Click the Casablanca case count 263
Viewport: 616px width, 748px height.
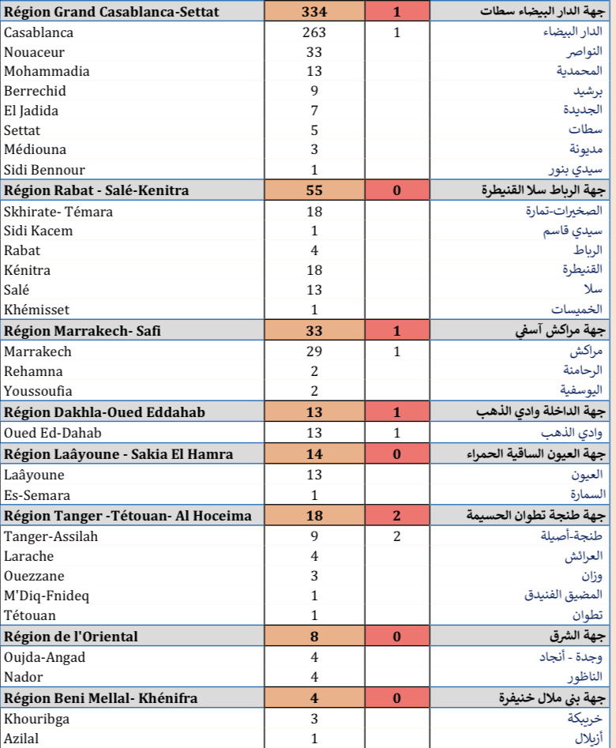[314, 32]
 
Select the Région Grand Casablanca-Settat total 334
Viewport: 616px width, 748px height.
[314, 12]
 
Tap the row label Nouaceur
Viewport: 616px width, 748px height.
[31, 52]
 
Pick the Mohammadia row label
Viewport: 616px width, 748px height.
[47, 71]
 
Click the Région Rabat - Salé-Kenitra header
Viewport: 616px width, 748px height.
[96, 190]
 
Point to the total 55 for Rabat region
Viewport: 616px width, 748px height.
[314, 190]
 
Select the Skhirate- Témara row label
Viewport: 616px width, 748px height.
[58, 212]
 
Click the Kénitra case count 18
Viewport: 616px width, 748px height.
[314, 270]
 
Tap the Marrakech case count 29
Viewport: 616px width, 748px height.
[314, 351]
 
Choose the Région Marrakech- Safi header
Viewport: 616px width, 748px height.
[82, 331]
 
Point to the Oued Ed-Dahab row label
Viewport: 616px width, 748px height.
[53, 433]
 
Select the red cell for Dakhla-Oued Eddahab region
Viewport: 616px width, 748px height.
[396, 412]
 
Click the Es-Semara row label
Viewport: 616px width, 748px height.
[37, 495]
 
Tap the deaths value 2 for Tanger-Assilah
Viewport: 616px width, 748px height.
[396, 536]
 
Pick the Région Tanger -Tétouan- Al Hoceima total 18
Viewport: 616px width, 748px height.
[314, 516]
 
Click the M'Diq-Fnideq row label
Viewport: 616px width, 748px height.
[47, 596]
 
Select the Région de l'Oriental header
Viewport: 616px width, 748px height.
[71, 637]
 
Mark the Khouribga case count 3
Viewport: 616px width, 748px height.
[314, 719]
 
